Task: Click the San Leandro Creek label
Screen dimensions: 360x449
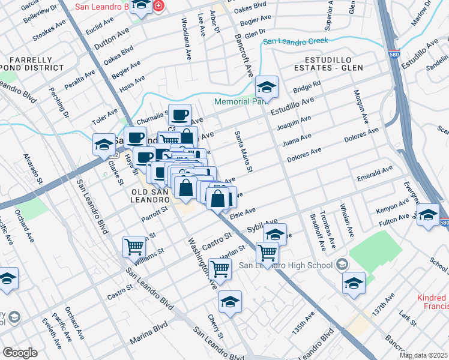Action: click(x=296, y=41)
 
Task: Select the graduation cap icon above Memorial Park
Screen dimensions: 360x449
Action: click(x=266, y=88)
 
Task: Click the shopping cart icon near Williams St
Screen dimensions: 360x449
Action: click(x=134, y=246)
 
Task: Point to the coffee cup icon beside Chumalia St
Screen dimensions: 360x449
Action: click(x=179, y=115)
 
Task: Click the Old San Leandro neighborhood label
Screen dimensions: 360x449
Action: click(x=148, y=195)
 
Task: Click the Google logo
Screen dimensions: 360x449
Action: click(x=20, y=353)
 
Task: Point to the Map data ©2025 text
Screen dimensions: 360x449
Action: click(x=423, y=355)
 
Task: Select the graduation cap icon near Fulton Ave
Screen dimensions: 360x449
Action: click(x=428, y=215)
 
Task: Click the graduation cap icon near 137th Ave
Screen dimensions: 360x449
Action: click(x=354, y=283)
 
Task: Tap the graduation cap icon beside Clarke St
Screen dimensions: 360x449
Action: click(x=104, y=145)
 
